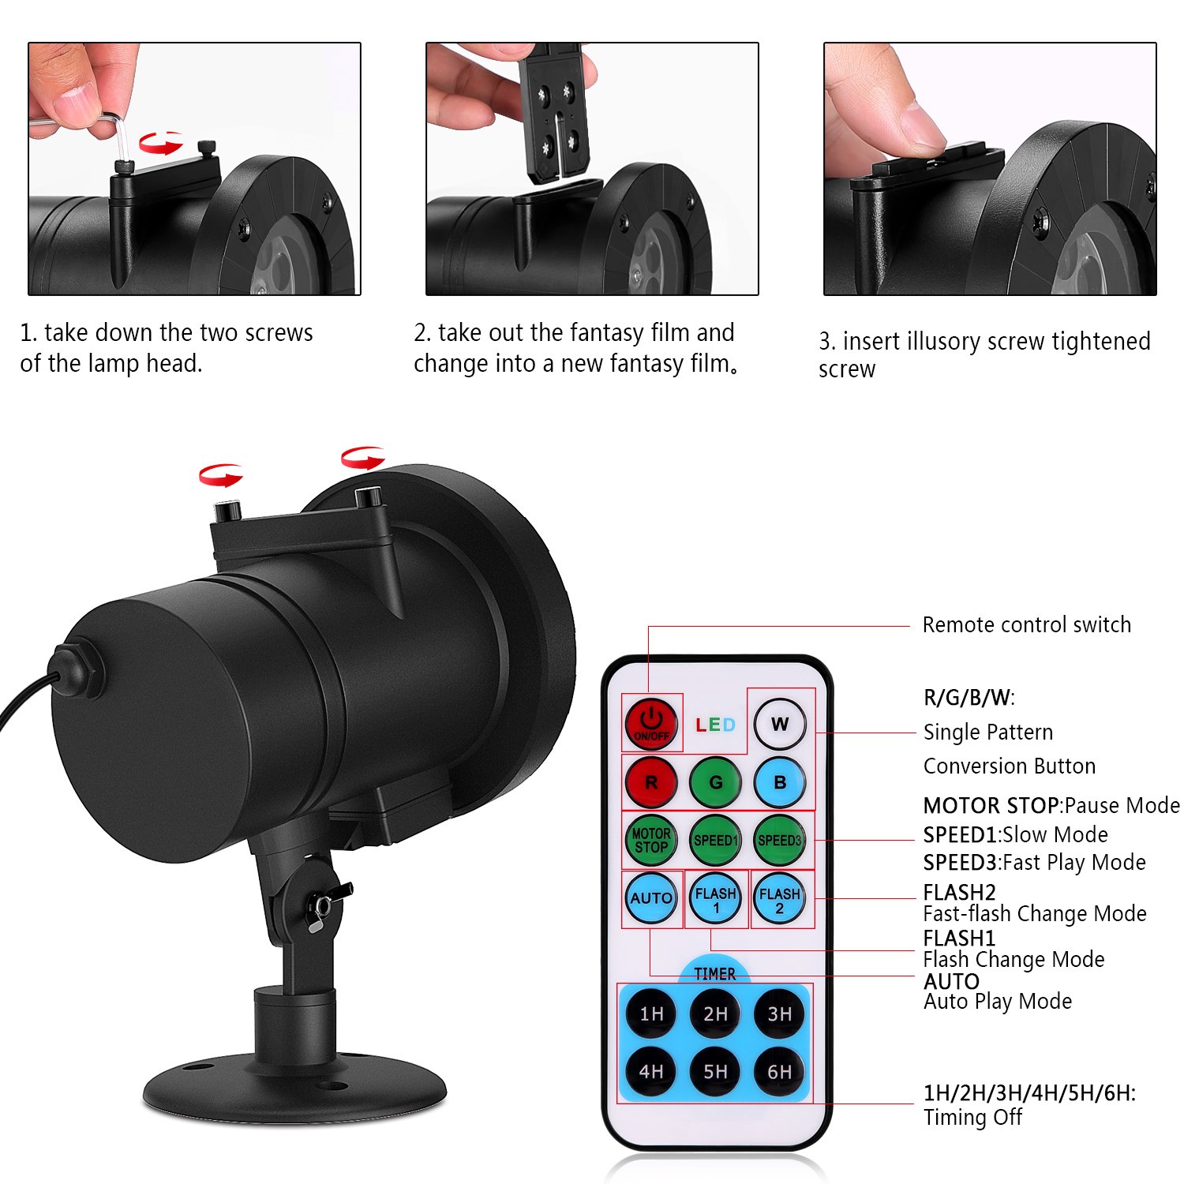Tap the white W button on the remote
click(x=780, y=724)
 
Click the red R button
click(x=651, y=782)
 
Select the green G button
click(x=715, y=782)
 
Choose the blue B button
click(x=780, y=782)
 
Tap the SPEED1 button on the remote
click(x=715, y=841)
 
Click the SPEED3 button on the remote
click(x=780, y=841)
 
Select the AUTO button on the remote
click(x=651, y=898)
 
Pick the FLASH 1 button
click(x=715, y=898)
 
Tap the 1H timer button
click(x=651, y=1014)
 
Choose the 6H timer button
click(x=780, y=1071)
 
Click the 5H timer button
click(x=715, y=1071)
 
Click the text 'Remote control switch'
click(x=1027, y=625)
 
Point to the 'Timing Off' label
click(x=973, y=1118)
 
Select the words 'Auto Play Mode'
click(x=998, y=1002)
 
